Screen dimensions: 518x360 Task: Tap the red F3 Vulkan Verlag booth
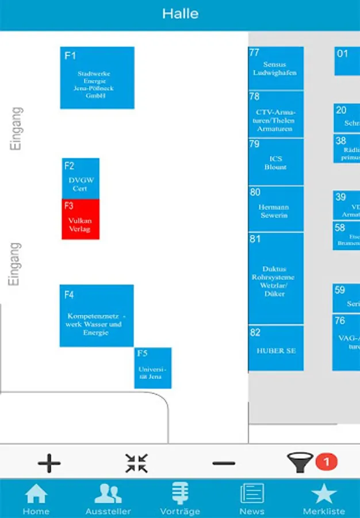[81, 219]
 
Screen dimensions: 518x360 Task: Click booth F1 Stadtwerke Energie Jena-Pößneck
[97, 78]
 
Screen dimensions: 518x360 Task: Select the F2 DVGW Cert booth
[81, 178]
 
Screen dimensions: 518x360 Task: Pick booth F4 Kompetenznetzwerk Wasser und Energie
[97, 315]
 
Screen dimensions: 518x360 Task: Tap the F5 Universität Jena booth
[152, 368]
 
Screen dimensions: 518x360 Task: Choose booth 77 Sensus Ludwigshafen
[275, 68]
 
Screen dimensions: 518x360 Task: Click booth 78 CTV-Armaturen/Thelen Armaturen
[275, 114]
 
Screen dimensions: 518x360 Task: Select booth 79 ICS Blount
[275, 162]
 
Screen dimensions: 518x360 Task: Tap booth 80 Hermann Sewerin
[275, 208]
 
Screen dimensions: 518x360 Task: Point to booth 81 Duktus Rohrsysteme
[275, 278]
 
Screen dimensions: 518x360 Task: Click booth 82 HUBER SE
[275, 348]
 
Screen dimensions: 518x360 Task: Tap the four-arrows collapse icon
[136, 463]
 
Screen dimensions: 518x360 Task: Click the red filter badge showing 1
[327, 462]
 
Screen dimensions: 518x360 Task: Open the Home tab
[36, 499]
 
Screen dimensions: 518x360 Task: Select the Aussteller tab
[108, 499]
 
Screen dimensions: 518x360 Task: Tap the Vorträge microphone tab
[180, 499]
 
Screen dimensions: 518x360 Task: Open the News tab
[252, 499]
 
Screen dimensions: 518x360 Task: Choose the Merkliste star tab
[324, 499]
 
